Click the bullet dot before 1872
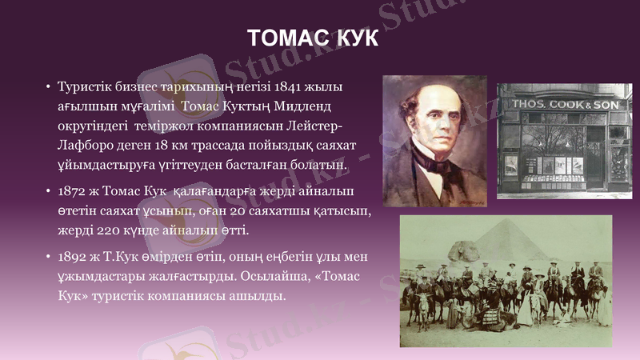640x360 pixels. (49, 192)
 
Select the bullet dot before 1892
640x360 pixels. (49, 258)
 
